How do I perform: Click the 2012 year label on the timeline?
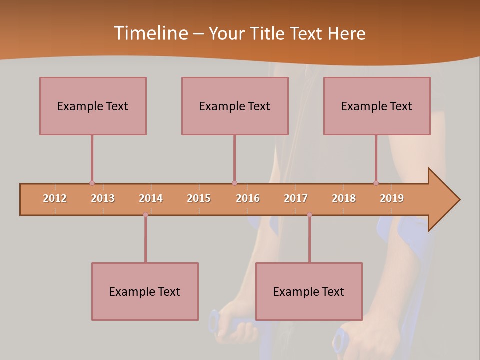pyautogui.click(x=55, y=198)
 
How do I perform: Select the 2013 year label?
pyautogui.click(x=103, y=198)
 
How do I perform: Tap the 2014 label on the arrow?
pyautogui.click(x=151, y=198)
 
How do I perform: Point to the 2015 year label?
pyautogui.click(x=199, y=198)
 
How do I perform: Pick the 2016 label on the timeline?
pyautogui.click(x=248, y=198)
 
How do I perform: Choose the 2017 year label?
pyautogui.click(x=296, y=198)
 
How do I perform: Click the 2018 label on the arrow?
pyautogui.click(x=344, y=198)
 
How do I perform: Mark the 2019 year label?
pyautogui.click(x=392, y=198)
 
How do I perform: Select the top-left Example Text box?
pyautogui.click(x=93, y=106)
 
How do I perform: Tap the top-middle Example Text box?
pyautogui.click(x=235, y=106)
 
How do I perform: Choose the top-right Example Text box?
pyautogui.click(x=377, y=106)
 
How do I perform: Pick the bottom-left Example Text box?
pyautogui.click(x=145, y=291)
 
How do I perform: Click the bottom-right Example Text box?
pyautogui.click(x=309, y=291)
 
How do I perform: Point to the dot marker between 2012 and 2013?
pyautogui.click(x=92, y=183)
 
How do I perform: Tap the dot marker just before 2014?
pyautogui.click(x=145, y=215)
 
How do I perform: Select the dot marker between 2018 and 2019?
pyautogui.click(x=376, y=183)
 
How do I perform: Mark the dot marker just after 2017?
pyautogui.click(x=309, y=215)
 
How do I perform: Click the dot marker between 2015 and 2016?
pyautogui.click(x=234, y=183)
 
